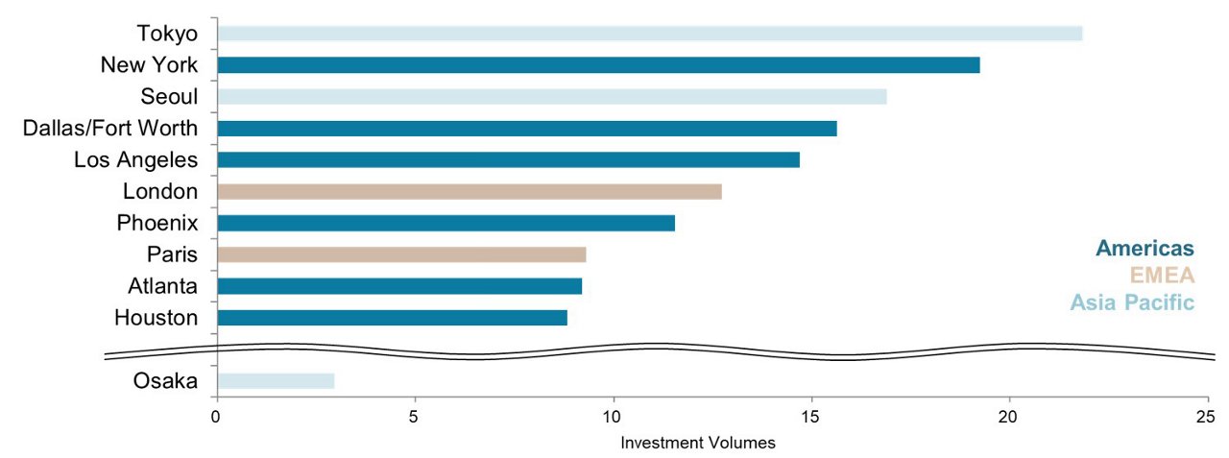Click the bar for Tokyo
(x=649, y=34)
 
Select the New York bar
(x=598, y=65)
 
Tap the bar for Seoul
(x=551, y=97)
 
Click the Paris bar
(x=401, y=254)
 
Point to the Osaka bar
(x=276, y=381)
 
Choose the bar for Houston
(x=392, y=318)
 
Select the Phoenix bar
(x=446, y=224)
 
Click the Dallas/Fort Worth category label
(x=110, y=128)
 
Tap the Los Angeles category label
(x=135, y=159)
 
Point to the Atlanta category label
(x=162, y=286)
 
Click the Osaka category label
(x=165, y=381)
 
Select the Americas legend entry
(x=1145, y=249)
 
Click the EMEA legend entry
(x=1162, y=276)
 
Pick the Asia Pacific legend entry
(x=1132, y=302)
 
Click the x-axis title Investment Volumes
(x=697, y=444)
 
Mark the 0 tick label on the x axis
(x=217, y=417)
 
